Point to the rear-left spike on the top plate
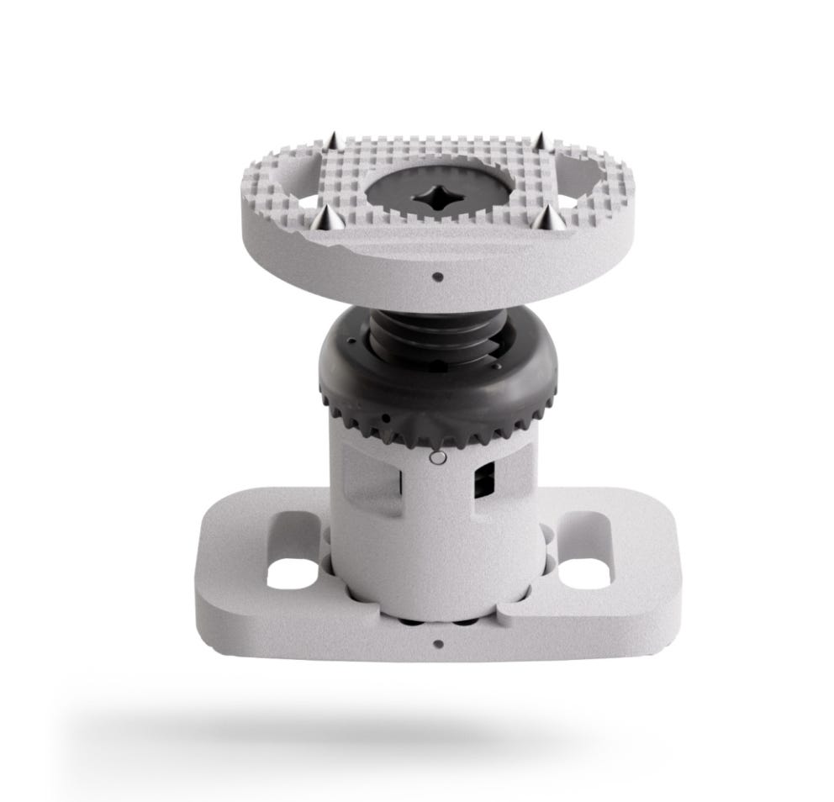click(333, 140)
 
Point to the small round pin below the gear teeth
click(435, 459)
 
